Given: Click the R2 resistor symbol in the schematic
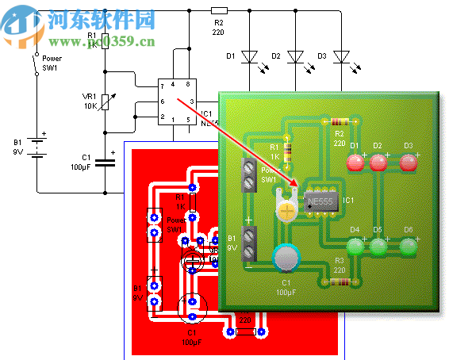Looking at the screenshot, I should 219,11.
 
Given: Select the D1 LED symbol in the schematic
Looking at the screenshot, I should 250,56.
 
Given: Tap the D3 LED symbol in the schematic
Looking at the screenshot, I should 342,56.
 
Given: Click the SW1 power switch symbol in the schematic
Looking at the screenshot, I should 35,64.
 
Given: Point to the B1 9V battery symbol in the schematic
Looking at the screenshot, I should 36,147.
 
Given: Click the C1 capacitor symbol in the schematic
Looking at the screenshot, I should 106,163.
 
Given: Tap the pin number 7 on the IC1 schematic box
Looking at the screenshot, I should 163,84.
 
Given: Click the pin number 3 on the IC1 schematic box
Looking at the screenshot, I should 191,101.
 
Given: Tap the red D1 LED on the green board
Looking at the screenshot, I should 355,163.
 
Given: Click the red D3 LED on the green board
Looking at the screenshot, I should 408,163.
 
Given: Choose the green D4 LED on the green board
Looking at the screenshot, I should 355,247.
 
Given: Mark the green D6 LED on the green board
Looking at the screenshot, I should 408,247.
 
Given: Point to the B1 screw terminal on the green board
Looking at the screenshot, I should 249,243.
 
